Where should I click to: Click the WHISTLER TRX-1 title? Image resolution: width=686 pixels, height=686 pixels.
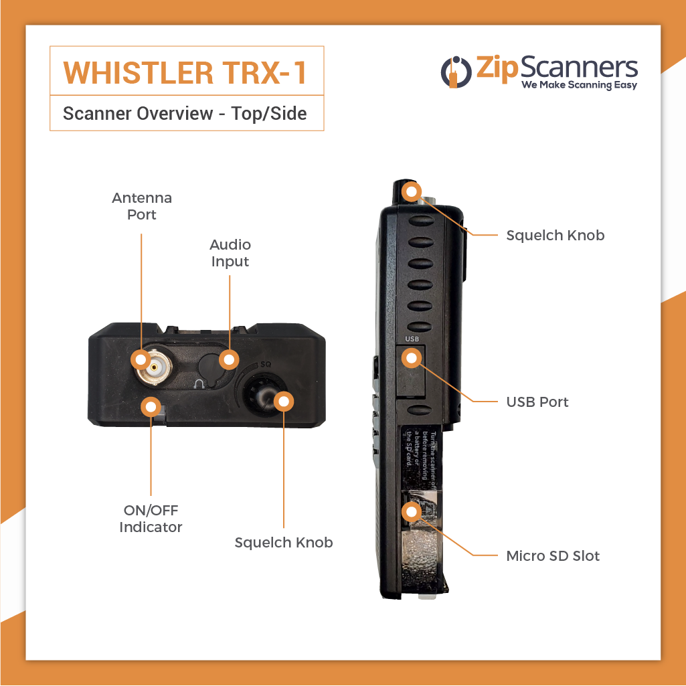(185, 72)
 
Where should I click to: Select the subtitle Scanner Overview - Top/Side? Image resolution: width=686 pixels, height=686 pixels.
(185, 113)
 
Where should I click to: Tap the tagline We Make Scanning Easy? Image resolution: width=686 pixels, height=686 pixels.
(579, 85)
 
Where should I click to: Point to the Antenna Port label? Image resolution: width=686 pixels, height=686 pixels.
(142, 206)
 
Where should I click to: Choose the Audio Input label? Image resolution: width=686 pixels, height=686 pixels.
(230, 253)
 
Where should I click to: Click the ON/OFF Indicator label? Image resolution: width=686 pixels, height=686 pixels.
(151, 519)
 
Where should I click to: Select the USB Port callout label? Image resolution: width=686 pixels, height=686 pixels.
(537, 402)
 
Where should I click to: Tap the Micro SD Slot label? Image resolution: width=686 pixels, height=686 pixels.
(553, 555)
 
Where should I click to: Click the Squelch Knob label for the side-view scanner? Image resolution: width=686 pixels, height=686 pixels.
(555, 235)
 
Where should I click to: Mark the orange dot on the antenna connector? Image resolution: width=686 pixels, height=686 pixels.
(141, 359)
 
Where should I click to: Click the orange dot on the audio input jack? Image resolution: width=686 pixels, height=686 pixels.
(230, 359)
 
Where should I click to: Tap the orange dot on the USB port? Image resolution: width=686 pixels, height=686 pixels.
(410, 359)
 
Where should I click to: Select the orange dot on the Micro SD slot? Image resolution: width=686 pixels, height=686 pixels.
(410, 512)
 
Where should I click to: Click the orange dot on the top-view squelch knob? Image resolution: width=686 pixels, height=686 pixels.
(284, 401)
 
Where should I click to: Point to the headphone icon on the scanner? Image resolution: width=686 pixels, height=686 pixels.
(199, 383)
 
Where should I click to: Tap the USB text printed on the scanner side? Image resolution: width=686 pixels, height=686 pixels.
(412, 339)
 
